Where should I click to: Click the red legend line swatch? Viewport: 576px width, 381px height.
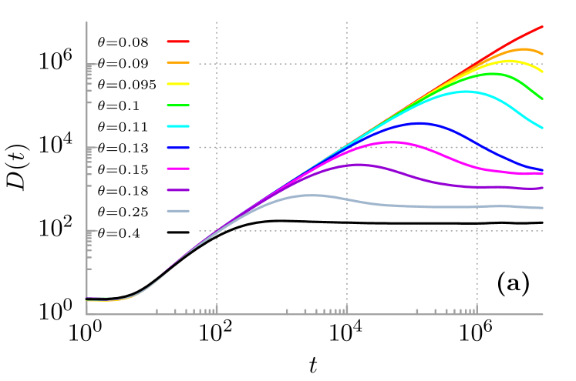click(178, 42)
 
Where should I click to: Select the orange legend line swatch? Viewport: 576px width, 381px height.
click(178, 62)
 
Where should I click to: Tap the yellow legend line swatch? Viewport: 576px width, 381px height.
click(178, 84)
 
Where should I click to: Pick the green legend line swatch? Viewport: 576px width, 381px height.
click(178, 105)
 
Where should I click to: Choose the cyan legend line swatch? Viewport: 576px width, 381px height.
click(178, 126)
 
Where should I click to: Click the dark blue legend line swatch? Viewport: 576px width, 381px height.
click(178, 147)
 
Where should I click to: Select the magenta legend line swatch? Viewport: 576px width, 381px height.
click(178, 169)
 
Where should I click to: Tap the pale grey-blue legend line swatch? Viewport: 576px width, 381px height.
click(178, 211)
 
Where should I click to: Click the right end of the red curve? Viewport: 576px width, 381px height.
click(542, 26)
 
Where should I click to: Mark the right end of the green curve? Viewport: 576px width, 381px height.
click(542, 99)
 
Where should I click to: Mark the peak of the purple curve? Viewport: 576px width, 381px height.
click(356, 164)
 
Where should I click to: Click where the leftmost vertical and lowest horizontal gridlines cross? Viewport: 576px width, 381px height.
click(217, 231)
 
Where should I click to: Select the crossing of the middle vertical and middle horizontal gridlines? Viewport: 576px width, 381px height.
click(347, 147)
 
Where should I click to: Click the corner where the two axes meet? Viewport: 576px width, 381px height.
click(86, 314)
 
